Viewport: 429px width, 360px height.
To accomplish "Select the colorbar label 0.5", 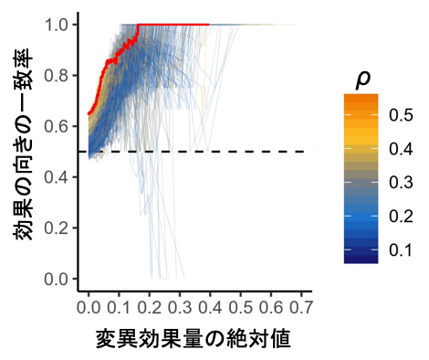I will (x=400, y=115).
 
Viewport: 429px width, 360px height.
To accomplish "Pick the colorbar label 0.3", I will (x=400, y=183).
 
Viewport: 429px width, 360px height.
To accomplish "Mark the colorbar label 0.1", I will (x=400, y=249).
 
